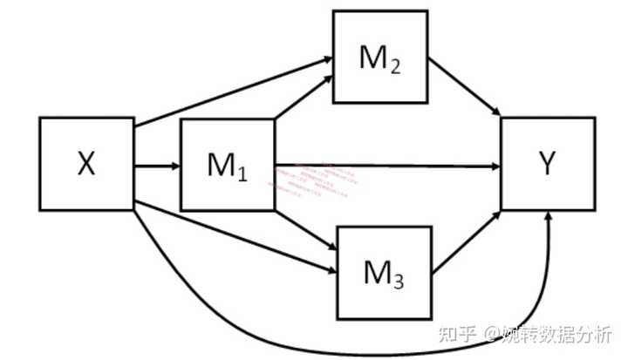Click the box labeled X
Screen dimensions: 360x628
pos(85,164)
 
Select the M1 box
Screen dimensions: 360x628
pos(227,164)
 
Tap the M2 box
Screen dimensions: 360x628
pos(379,57)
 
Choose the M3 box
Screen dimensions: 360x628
pos(384,271)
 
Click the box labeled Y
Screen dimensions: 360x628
pos(549,164)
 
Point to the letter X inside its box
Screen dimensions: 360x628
pos(85,164)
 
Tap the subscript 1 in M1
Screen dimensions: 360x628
pos(242,173)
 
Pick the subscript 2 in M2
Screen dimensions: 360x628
pos(395,66)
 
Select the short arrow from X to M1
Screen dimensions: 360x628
pos(156,164)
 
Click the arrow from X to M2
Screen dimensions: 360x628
pos(231,92)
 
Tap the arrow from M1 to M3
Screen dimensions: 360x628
pos(305,228)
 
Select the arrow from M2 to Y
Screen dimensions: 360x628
pos(465,87)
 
